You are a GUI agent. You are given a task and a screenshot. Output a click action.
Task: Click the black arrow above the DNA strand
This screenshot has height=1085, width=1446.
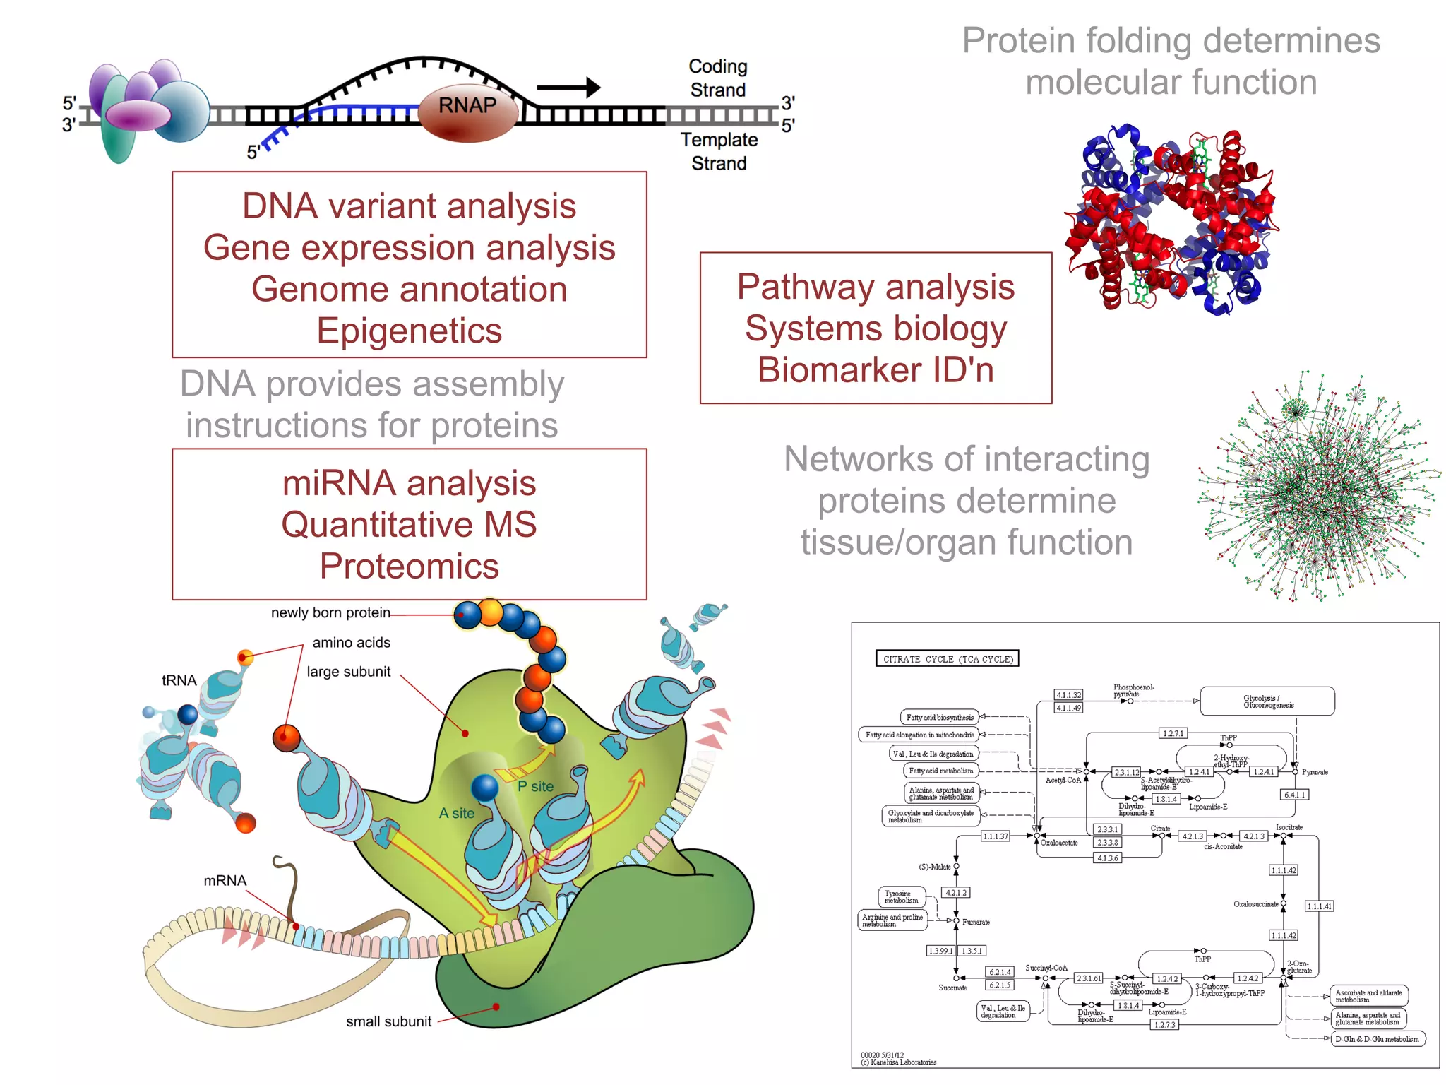(568, 88)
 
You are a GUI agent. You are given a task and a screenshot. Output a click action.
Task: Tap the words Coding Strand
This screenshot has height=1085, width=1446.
(717, 78)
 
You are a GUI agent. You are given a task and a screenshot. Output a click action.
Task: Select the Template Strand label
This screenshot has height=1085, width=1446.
(719, 151)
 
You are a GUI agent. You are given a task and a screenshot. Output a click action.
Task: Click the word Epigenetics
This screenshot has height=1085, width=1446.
(409, 331)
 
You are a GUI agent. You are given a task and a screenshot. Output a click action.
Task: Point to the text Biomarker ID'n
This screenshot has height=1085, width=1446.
(876, 369)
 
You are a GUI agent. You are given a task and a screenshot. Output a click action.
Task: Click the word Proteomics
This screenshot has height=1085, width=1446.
(409, 567)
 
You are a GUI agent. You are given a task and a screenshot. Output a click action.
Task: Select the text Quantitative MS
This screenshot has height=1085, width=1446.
(409, 525)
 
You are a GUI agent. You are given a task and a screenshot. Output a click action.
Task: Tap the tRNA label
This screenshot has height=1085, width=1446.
(179, 680)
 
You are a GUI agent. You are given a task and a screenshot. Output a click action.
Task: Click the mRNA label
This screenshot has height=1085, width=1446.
(225, 881)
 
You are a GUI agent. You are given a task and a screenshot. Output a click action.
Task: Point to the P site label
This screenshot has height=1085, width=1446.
(535, 786)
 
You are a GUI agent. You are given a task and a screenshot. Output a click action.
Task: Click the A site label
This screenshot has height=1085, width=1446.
(457, 813)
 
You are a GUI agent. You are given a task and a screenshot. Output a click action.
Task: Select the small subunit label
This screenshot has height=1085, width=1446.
(388, 1021)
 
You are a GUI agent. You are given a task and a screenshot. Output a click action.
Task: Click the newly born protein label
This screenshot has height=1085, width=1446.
(330, 612)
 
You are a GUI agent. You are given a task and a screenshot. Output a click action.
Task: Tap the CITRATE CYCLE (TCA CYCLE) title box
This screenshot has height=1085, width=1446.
(947, 659)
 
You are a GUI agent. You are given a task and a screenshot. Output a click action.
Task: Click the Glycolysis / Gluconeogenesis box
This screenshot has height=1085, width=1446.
(1267, 701)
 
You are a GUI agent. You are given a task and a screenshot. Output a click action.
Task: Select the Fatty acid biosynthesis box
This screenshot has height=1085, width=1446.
(939, 717)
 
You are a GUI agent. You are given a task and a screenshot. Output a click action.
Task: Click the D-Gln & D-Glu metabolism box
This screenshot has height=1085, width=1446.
(1377, 1039)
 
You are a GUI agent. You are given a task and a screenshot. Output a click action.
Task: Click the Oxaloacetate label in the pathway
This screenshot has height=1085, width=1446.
(1059, 843)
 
